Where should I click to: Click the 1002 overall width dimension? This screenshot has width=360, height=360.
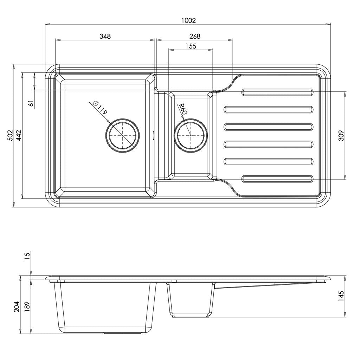[188, 20]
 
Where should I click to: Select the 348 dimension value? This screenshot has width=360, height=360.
[105, 36]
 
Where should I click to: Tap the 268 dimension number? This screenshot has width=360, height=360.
[194, 36]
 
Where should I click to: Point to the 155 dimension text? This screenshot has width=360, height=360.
[190, 46]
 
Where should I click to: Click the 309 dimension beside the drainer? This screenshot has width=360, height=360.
[341, 135]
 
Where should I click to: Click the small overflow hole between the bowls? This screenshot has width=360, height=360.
[153, 135]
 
